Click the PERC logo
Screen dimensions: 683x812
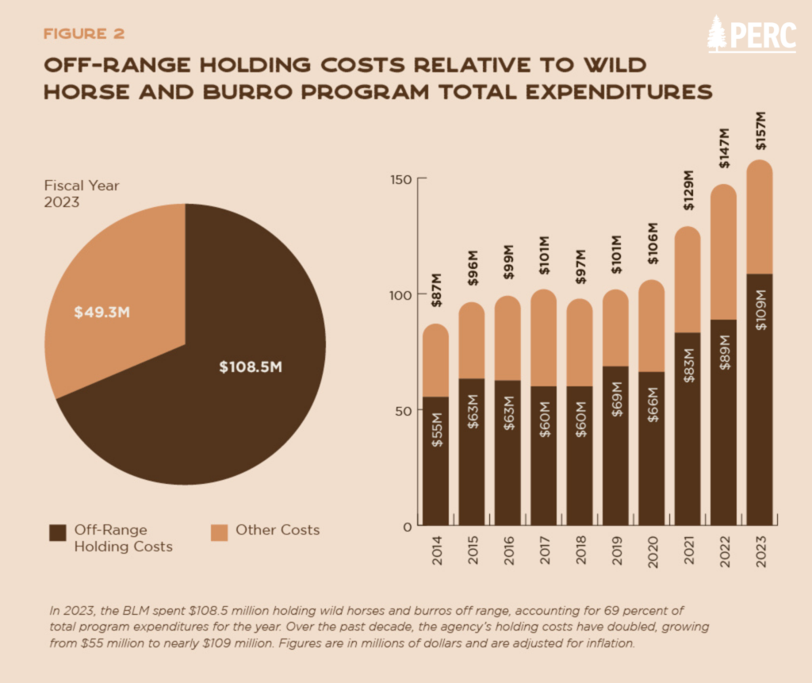751,33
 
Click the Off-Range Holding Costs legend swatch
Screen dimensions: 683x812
57,531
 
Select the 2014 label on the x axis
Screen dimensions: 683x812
436,551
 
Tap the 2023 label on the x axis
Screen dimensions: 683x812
760,551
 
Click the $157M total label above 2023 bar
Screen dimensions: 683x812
760,136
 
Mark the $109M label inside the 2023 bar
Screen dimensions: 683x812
760,313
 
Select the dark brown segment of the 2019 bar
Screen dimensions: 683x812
615,444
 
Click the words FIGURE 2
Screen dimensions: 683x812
83,33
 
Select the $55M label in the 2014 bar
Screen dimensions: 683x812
436,429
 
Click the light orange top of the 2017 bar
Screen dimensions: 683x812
543,337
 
